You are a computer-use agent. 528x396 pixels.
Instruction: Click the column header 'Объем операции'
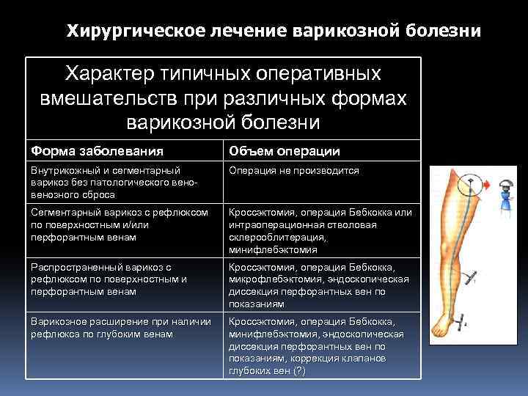[284, 151]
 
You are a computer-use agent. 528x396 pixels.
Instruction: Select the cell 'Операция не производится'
[293, 170]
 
